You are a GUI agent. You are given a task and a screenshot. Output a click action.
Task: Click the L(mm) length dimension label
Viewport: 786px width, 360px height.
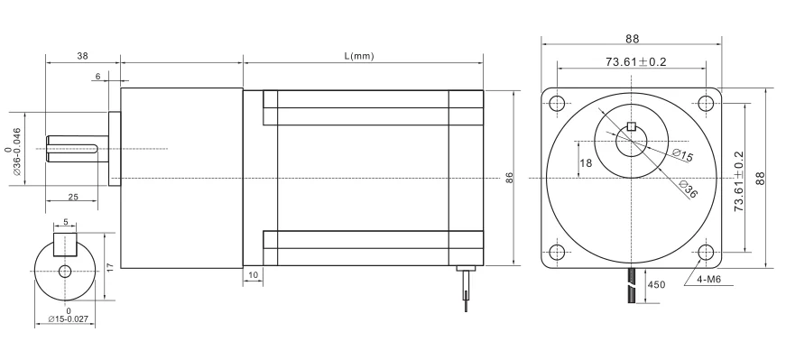point(359,56)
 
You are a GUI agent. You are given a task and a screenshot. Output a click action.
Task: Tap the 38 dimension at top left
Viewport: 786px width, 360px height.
point(83,56)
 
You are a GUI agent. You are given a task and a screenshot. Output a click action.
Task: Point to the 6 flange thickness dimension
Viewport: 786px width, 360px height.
point(97,76)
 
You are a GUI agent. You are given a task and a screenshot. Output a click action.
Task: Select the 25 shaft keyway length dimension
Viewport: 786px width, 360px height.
point(73,197)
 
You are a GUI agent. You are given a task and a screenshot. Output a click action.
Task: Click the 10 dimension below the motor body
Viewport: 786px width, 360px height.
point(254,275)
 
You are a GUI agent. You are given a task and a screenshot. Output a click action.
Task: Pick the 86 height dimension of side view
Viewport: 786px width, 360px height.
point(509,178)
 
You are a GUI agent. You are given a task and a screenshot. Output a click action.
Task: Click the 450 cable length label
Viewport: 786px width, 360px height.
point(657,285)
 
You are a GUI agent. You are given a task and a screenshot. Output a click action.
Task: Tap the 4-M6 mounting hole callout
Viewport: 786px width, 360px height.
point(707,280)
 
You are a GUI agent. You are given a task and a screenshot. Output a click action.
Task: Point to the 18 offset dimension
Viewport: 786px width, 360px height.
point(586,163)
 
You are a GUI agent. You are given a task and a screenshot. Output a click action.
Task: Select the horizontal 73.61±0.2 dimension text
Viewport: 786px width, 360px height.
point(635,61)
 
